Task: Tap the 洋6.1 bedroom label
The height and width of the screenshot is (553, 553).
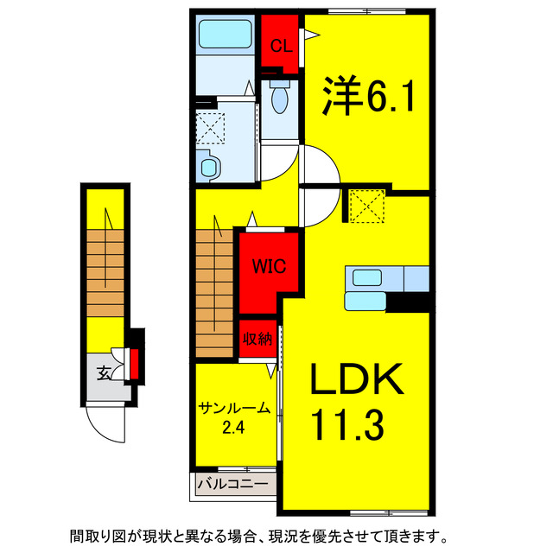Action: [x=370, y=95]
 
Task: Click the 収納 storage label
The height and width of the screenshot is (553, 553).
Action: [x=257, y=339]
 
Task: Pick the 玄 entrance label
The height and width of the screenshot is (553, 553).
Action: [x=104, y=373]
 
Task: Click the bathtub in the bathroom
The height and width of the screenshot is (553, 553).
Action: [x=224, y=35]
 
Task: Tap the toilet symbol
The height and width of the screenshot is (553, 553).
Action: [x=278, y=100]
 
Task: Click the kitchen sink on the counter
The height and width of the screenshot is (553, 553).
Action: [x=366, y=277]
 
